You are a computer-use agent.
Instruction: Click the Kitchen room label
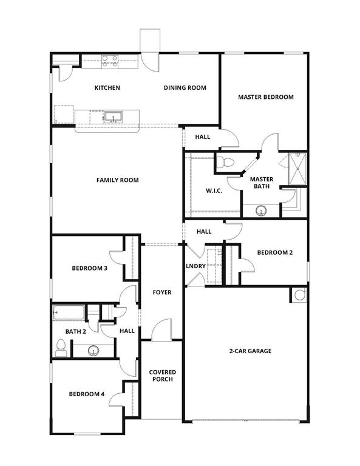point(107,88)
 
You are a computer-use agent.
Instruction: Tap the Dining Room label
point(185,88)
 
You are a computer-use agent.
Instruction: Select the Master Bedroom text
point(265,97)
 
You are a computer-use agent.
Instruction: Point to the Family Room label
point(117,180)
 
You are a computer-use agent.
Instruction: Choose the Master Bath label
point(262,183)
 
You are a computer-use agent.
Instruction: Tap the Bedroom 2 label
point(274,253)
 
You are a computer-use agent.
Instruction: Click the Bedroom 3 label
point(89,268)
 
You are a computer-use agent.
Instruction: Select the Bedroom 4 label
point(86,394)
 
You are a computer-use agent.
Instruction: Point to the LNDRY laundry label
point(195,266)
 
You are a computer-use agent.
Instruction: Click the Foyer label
point(161,292)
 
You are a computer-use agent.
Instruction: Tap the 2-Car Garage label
point(250,351)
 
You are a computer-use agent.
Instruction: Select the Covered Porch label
point(162,376)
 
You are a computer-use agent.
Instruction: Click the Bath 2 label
point(76,331)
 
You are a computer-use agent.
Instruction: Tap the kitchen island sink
point(110,116)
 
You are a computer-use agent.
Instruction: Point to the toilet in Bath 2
point(61,347)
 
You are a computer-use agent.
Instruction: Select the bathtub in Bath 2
point(68,313)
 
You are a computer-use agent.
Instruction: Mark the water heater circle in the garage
point(299,295)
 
